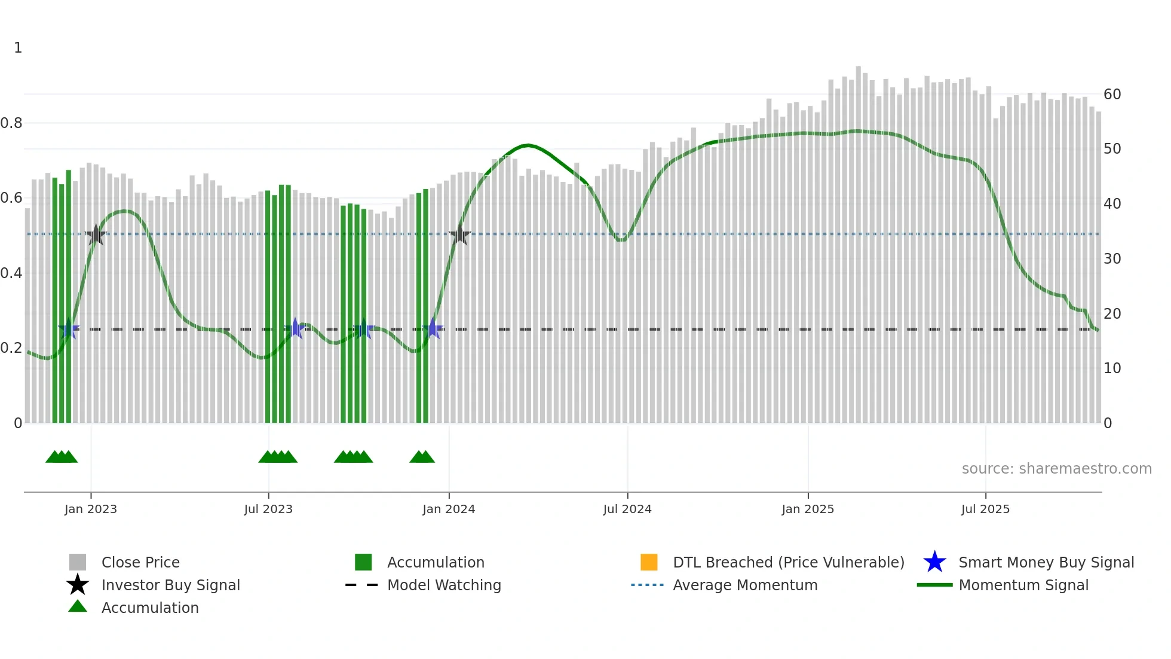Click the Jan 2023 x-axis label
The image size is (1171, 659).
pos(91,509)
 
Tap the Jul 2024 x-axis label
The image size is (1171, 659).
pos(627,509)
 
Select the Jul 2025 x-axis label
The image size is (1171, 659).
pos(985,509)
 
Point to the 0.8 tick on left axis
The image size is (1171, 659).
pos(11,123)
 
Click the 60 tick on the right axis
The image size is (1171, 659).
pos(1112,94)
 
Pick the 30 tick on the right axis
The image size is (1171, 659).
pos(1112,259)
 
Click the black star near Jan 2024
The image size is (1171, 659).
pos(459,235)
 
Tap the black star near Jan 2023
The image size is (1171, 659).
pos(96,235)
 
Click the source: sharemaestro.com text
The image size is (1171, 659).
pos(1056,469)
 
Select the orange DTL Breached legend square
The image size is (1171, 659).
pos(649,562)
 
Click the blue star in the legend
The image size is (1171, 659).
pos(934,562)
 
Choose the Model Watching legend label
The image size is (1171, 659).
pos(444,585)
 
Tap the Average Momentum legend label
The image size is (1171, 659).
pos(745,585)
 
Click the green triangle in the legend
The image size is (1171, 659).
pos(78,606)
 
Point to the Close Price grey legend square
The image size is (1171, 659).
pos(78,562)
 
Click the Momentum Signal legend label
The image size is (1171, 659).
pos(1023,585)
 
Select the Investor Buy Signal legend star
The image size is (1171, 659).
pos(78,585)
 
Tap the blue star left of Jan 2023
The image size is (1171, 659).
pos(69,329)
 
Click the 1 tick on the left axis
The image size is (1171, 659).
pos(18,48)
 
